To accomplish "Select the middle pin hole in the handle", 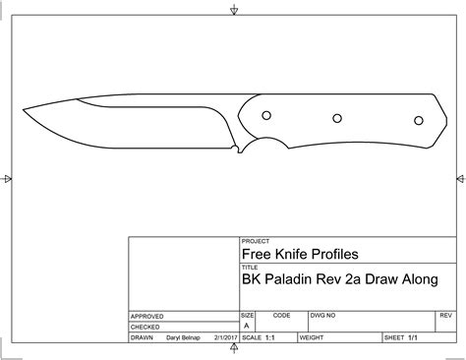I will point(336,118).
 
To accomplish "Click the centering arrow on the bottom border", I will point(233,351).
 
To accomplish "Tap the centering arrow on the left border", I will point(8,179).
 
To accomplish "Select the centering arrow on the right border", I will point(458,179).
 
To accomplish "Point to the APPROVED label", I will point(147,317).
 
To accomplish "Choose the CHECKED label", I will point(146,327).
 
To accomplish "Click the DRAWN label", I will point(144,337).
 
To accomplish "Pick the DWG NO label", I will point(322,316).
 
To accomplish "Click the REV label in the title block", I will point(445,316).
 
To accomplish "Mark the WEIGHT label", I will point(313,337).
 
